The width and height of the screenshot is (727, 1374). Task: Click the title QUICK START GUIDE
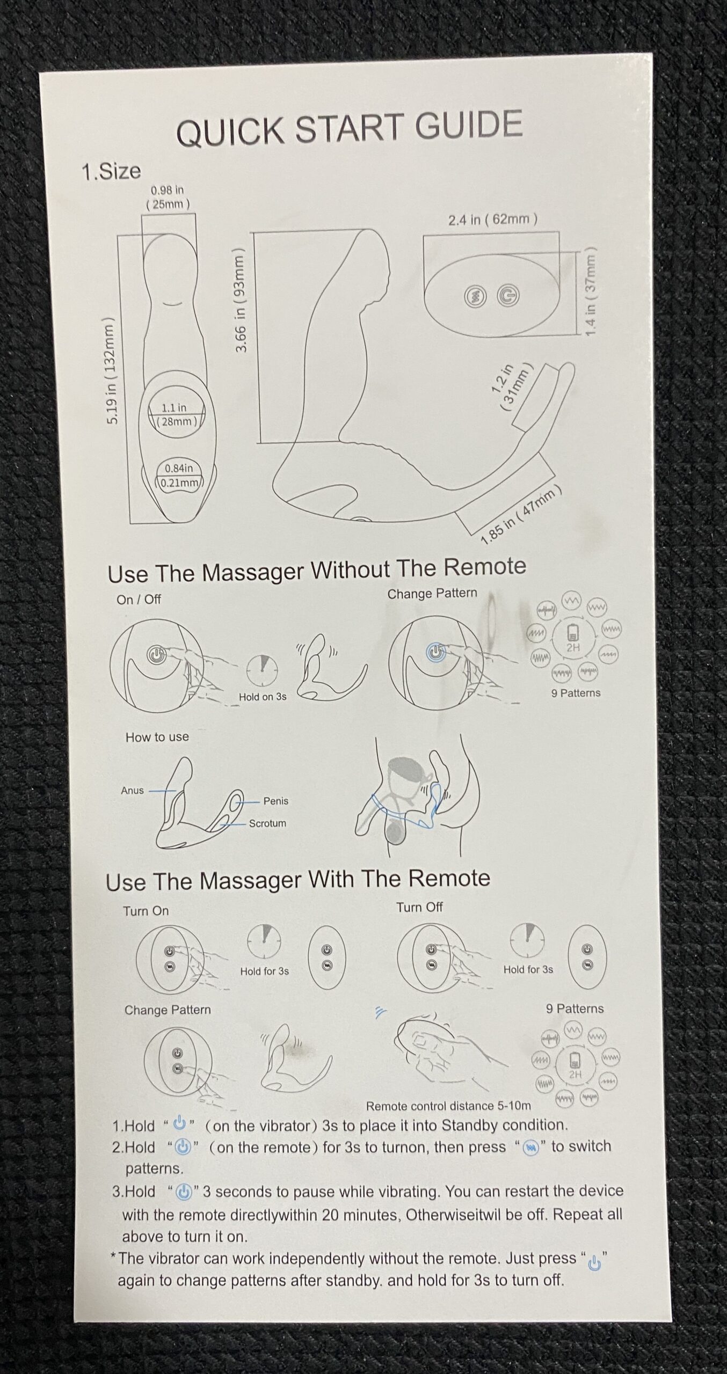(x=350, y=128)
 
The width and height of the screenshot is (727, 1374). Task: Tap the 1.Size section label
(x=111, y=172)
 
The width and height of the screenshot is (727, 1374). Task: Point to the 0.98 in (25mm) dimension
(x=168, y=197)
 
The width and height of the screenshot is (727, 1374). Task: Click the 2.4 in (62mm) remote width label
(x=493, y=220)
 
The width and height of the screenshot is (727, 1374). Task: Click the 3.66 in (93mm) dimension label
(x=241, y=301)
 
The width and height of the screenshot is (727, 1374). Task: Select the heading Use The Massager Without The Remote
(x=317, y=570)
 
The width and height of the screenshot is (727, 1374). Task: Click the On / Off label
(x=139, y=600)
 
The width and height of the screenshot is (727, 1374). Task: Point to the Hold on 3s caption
(x=263, y=697)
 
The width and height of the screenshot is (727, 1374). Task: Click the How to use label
(x=157, y=737)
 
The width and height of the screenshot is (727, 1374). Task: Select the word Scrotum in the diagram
(x=267, y=823)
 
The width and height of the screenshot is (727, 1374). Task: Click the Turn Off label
(x=419, y=907)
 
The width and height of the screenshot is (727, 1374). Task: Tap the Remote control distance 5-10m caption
(x=448, y=1106)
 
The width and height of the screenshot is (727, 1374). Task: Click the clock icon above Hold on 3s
(x=262, y=670)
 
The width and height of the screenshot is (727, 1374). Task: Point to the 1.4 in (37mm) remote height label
(x=591, y=292)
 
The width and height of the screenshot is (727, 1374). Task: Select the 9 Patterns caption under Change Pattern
(x=576, y=693)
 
